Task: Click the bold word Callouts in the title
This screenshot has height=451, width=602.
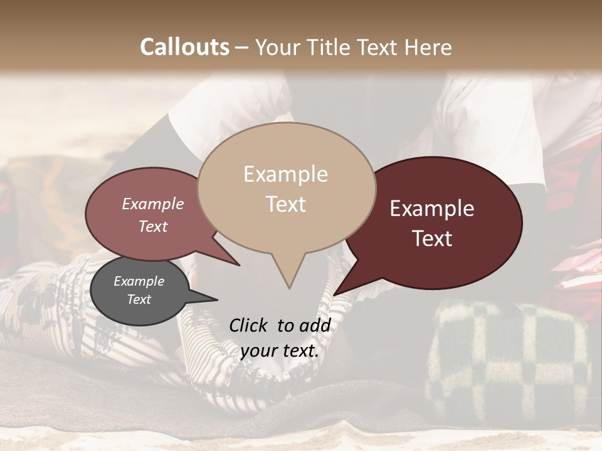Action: [184, 47]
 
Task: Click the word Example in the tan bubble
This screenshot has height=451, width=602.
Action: [285, 174]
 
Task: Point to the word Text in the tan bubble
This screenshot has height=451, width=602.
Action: [285, 204]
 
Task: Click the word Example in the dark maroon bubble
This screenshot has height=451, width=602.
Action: [432, 209]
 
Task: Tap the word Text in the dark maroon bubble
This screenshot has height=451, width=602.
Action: [432, 239]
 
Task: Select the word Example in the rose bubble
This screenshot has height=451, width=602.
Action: [153, 204]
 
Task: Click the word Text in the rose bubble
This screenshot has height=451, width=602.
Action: [153, 226]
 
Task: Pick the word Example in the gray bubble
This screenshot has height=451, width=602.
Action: [139, 281]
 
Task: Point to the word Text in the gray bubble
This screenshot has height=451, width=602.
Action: [139, 299]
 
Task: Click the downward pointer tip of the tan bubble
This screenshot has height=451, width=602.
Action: [289, 286]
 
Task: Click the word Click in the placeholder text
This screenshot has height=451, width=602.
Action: [248, 325]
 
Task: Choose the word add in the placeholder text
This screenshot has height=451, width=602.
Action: [315, 325]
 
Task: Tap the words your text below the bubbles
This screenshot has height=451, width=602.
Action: [280, 351]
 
